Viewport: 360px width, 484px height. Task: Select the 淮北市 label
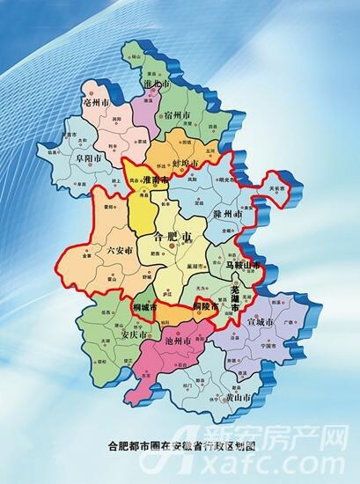pyautogui.click(x=158, y=85)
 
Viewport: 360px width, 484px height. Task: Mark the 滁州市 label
pyautogui.click(x=226, y=215)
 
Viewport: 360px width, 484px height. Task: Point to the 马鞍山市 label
pyautogui.click(x=243, y=264)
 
